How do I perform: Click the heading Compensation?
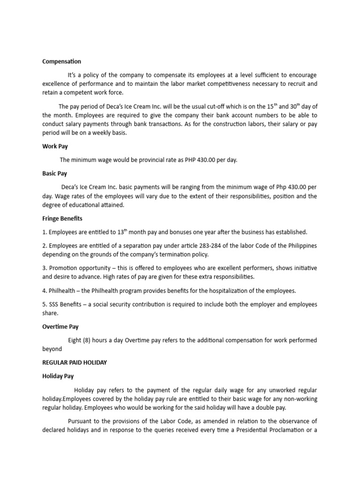click(x=61, y=61)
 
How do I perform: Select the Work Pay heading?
click(x=55, y=146)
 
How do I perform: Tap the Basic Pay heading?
click(x=54, y=173)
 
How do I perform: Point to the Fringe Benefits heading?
click(x=62, y=218)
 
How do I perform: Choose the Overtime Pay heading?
click(x=60, y=327)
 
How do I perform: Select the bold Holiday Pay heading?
click(x=58, y=376)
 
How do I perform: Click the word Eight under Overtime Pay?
click(x=75, y=340)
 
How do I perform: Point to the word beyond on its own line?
click(x=52, y=349)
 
